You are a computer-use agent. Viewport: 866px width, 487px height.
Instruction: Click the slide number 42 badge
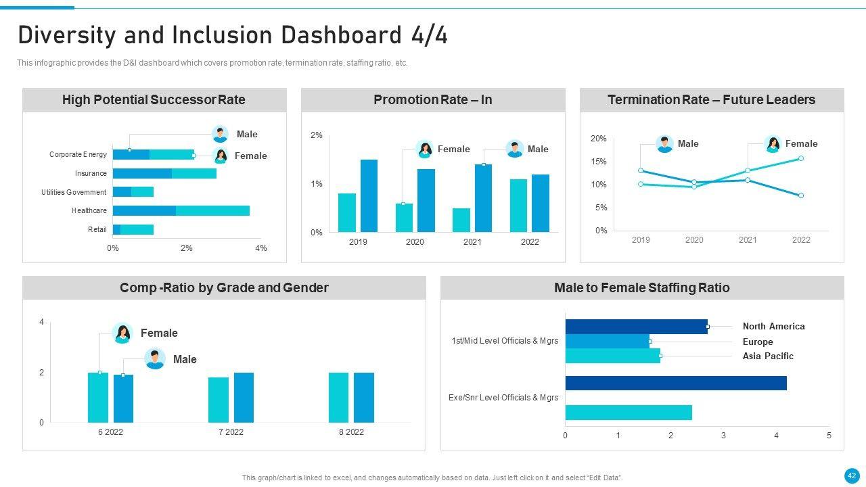coord(852,476)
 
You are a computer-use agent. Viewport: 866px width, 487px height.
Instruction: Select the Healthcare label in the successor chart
coord(89,211)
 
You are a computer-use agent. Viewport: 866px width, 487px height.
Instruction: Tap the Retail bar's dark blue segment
coord(116,229)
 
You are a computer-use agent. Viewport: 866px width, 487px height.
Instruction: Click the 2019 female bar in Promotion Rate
coord(346,213)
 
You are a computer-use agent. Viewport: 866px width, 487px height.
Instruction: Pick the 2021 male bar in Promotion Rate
coord(483,198)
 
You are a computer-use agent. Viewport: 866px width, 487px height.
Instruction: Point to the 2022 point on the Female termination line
coord(801,158)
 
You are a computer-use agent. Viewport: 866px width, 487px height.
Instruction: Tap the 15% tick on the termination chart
coord(599,162)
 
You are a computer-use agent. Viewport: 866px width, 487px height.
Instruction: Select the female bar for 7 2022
coord(219,400)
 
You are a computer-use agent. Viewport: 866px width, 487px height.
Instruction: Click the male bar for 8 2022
coord(364,398)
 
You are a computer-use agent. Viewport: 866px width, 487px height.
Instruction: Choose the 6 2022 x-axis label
coord(110,432)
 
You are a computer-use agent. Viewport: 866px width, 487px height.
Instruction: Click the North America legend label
coord(773,326)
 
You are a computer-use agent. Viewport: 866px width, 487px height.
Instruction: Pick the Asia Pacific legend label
coord(768,356)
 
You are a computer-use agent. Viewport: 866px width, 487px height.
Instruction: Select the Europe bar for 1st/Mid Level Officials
coord(607,341)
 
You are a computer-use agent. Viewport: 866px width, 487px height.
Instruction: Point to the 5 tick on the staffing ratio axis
coord(829,436)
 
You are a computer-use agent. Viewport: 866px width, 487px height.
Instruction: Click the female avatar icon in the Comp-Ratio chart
coord(122,333)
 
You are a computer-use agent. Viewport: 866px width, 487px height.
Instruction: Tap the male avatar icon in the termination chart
coord(665,144)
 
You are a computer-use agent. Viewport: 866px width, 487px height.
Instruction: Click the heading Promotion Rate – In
coord(432,100)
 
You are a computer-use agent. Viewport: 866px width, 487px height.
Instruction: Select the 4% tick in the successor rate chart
coord(260,248)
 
